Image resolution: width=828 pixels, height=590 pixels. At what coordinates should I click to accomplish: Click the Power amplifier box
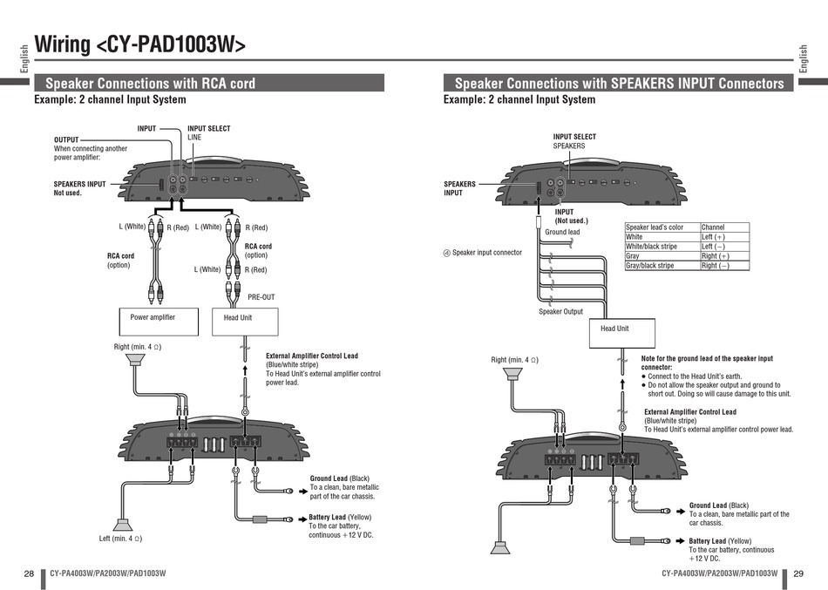pyautogui.click(x=159, y=322)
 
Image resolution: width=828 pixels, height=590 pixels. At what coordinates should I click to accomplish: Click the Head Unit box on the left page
pyautogui.click(x=245, y=322)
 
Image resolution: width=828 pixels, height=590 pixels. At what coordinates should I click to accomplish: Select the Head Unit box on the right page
pyautogui.click(x=622, y=333)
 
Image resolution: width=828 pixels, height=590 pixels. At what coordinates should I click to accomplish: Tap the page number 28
pyautogui.click(x=29, y=573)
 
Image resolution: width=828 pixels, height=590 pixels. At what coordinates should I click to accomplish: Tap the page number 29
pyautogui.click(x=798, y=573)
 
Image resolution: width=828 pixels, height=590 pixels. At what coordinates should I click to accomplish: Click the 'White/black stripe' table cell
pyautogui.click(x=662, y=247)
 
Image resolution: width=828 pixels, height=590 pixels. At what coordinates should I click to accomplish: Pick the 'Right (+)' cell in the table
pyautogui.click(x=724, y=256)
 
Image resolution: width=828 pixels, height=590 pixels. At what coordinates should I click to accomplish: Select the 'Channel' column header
pyautogui.click(x=724, y=227)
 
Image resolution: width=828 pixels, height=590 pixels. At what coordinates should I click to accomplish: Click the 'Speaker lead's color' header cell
pyautogui.click(x=662, y=227)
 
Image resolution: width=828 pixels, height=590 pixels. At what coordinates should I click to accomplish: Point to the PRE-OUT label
pyautogui.click(x=261, y=297)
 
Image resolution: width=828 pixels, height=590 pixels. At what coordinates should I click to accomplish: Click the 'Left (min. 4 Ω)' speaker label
pyautogui.click(x=120, y=539)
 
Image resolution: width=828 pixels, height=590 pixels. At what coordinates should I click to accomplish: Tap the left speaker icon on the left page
pyautogui.click(x=123, y=525)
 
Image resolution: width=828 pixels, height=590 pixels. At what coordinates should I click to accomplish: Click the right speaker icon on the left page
pyautogui.click(x=136, y=360)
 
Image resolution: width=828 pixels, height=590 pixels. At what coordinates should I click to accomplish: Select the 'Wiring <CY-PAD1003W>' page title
pyautogui.click(x=140, y=45)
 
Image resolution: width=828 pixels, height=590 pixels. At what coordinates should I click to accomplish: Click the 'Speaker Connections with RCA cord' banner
pyautogui.click(x=209, y=84)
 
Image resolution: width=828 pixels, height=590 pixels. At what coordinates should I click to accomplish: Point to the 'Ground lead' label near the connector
pyautogui.click(x=562, y=232)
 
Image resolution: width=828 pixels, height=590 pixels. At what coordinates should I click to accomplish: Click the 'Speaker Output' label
pyautogui.click(x=560, y=312)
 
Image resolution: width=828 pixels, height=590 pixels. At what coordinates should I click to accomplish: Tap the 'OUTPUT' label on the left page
pyautogui.click(x=66, y=140)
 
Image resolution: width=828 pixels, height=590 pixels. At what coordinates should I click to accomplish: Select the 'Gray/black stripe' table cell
pyautogui.click(x=662, y=266)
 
